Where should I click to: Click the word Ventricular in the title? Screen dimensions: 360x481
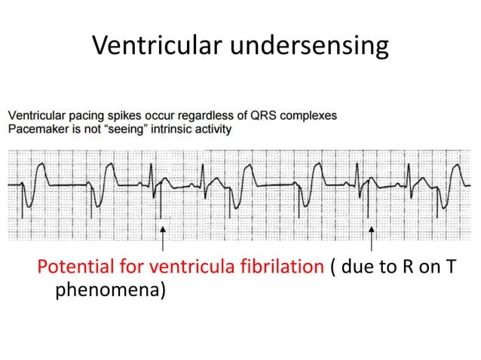(155, 46)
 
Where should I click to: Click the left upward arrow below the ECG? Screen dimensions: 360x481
(163, 238)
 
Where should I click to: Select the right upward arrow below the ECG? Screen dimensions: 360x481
(372, 238)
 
